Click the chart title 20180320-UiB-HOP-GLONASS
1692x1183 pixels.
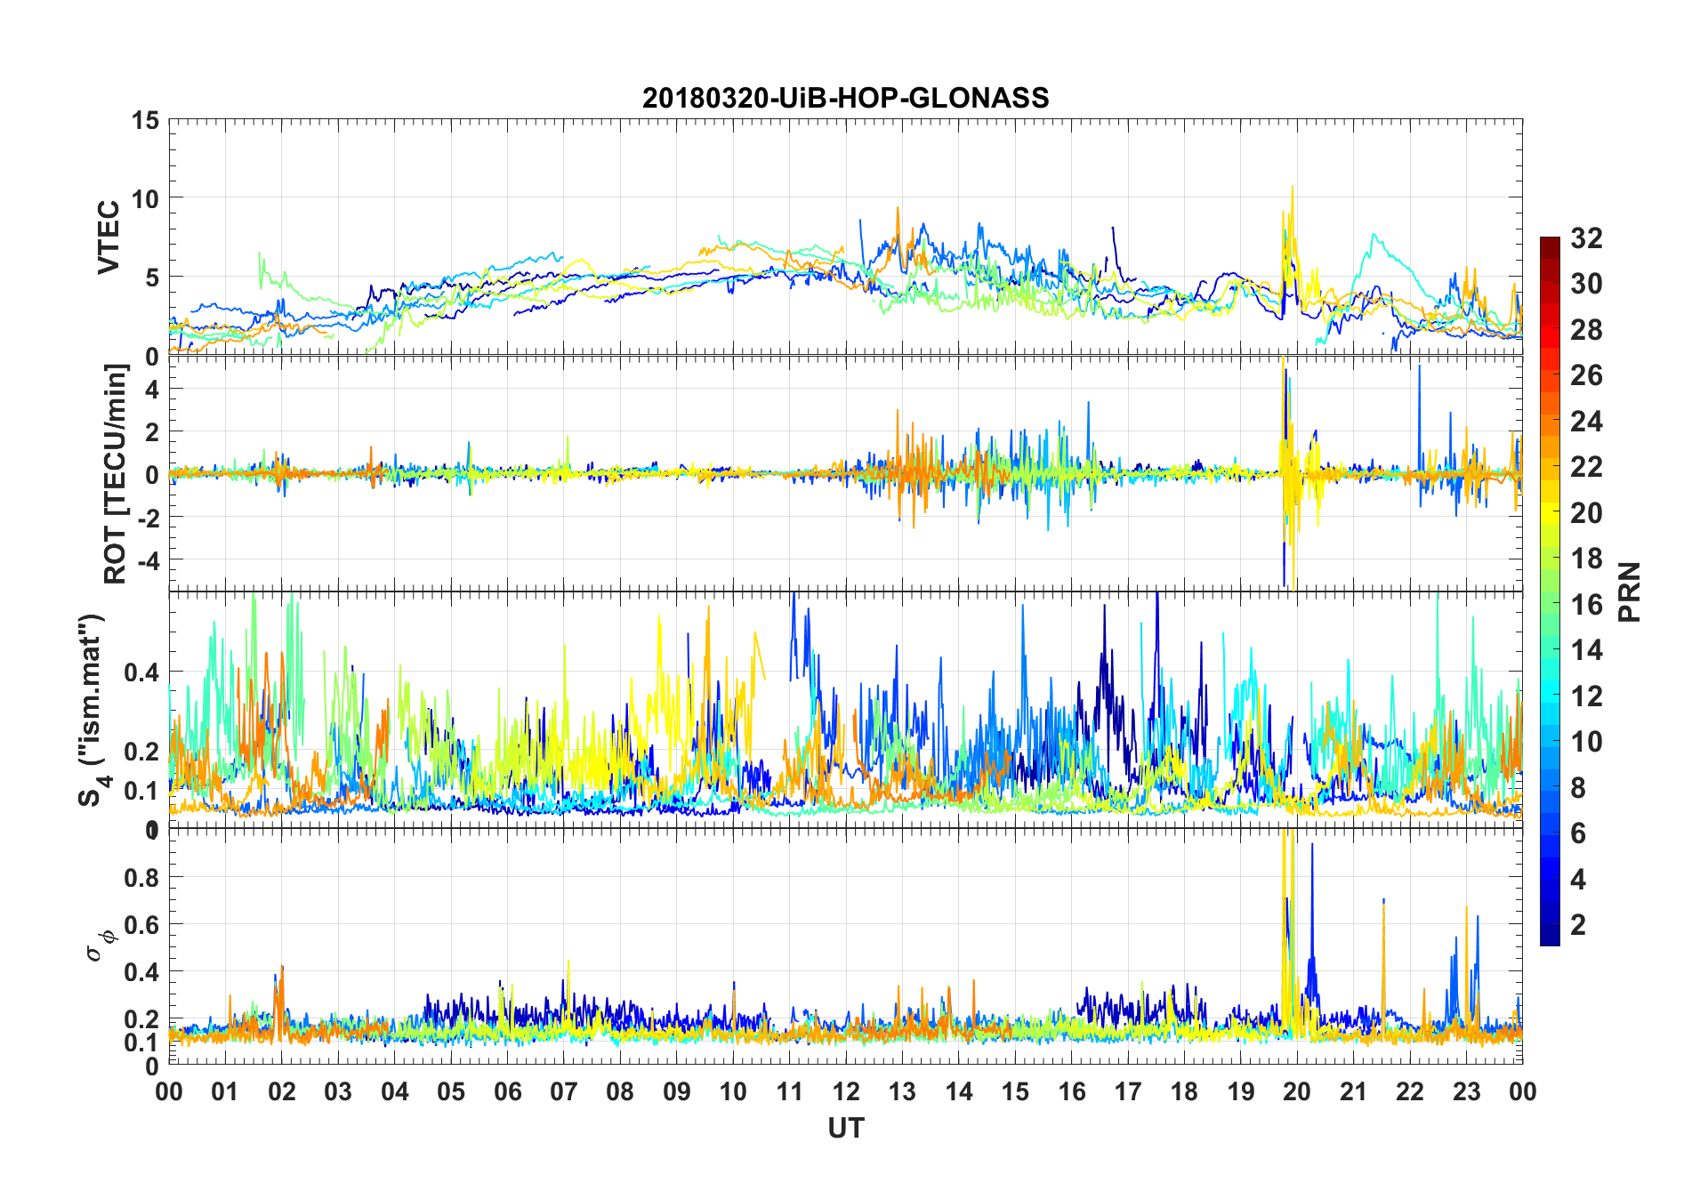pyautogui.click(x=845, y=97)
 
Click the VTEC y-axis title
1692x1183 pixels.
pyautogui.click(x=109, y=237)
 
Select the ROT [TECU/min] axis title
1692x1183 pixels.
pyautogui.click(x=115, y=473)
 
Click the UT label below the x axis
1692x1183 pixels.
pyautogui.click(x=845, y=1128)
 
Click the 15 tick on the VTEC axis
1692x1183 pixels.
pyautogui.click(x=144, y=120)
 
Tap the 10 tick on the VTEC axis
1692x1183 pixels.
pyautogui.click(x=144, y=198)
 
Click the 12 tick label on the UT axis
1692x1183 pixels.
pyautogui.click(x=846, y=1091)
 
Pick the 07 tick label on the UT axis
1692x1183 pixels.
pyautogui.click(x=564, y=1091)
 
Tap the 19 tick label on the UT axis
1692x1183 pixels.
pyautogui.click(x=1241, y=1091)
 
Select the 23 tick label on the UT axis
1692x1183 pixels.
pyautogui.click(x=1466, y=1091)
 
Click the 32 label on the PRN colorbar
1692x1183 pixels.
pyautogui.click(x=1586, y=238)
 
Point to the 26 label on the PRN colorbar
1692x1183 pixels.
pyautogui.click(x=1586, y=375)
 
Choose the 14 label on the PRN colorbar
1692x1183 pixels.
pyautogui.click(x=1586, y=650)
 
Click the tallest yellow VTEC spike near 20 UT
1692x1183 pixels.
pyautogui.click(x=1293, y=188)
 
